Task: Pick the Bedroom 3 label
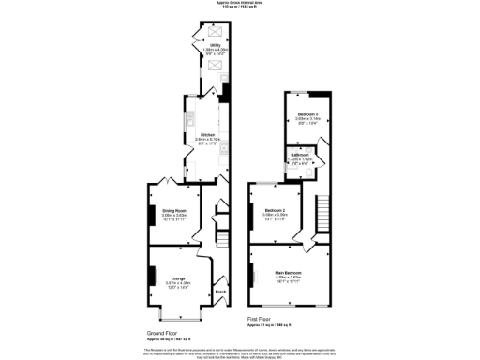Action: coord(308,114)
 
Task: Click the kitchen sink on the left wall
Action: coord(188,121)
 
